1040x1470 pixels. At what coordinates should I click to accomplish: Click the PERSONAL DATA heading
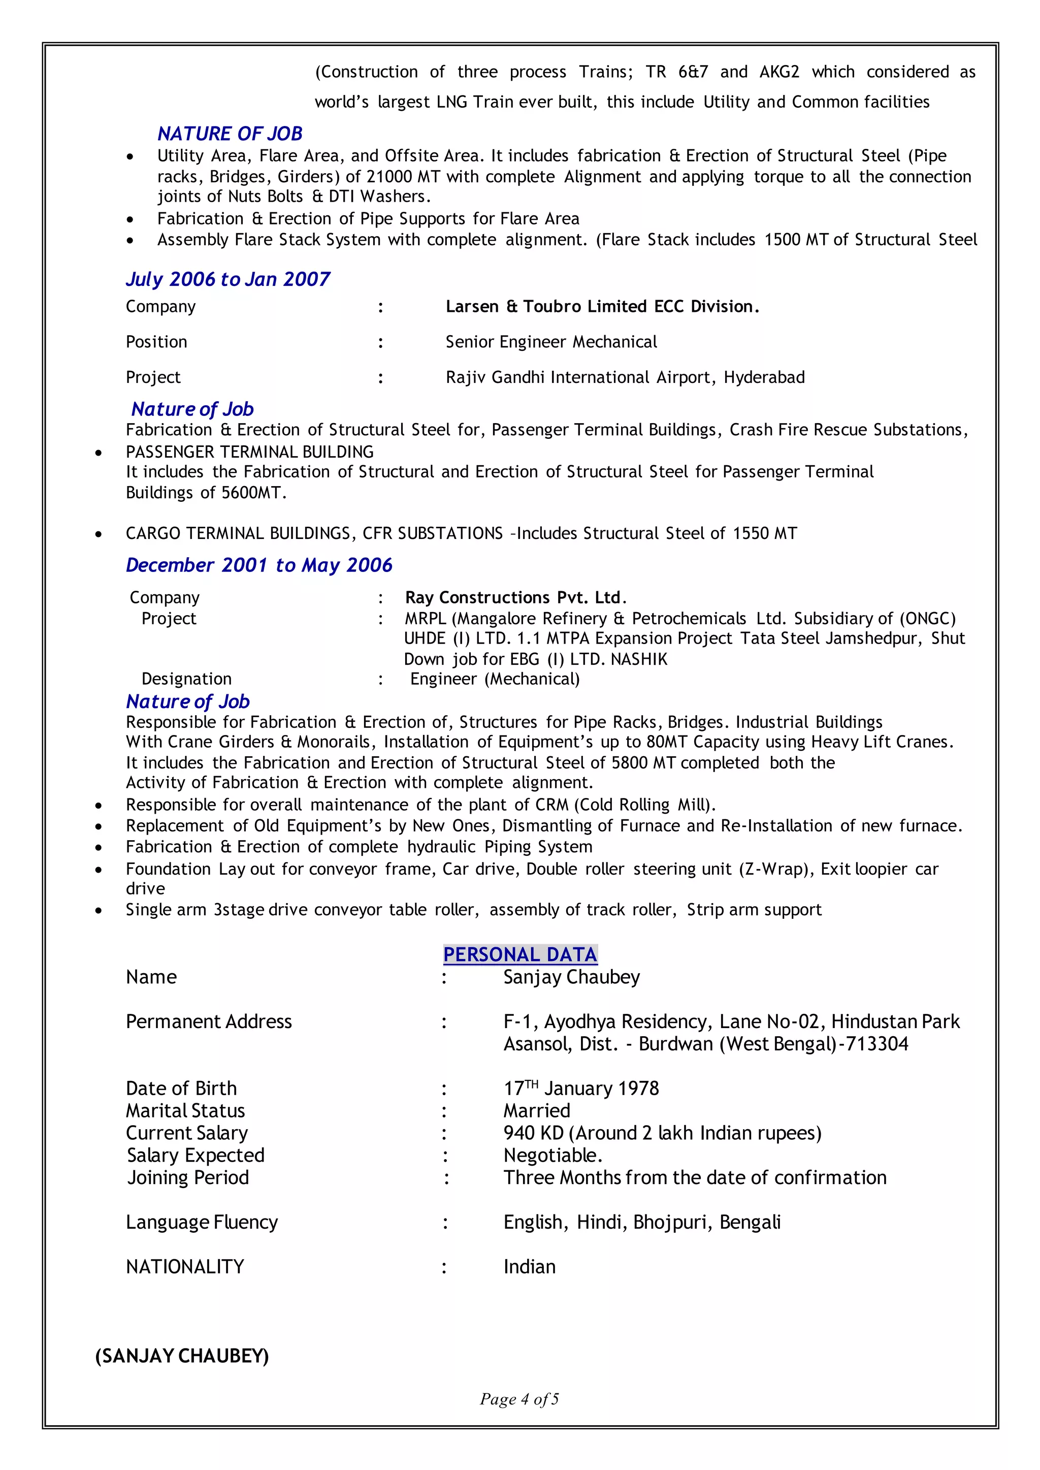(x=520, y=954)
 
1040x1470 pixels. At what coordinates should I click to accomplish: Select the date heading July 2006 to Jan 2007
(x=228, y=279)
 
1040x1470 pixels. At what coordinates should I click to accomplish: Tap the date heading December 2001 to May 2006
(x=258, y=565)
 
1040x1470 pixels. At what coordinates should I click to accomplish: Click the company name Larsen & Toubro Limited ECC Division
(x=602, y=307)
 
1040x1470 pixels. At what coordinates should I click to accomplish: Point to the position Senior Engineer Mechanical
(x=551, y=342)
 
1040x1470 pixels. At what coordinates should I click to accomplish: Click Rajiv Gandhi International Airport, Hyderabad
(x=625, y=377)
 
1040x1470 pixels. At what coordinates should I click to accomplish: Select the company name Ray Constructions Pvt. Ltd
(x=515, y=598)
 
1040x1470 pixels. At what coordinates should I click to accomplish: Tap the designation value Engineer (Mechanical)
(x=495, y=679)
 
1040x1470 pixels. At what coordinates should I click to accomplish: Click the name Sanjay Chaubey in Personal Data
(x=571, y=977)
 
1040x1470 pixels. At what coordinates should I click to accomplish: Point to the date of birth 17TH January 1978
(x=581, y=1088)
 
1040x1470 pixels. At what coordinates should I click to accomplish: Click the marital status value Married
(x=537, y=1111)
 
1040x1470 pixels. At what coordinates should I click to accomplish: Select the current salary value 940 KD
(x=533, y=1133)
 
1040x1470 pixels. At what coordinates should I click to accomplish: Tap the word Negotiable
(x=552, y=1156)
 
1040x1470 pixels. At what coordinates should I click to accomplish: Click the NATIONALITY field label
(x=185, y=1267)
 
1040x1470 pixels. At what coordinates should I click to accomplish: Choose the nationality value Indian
(x=529, y=1267)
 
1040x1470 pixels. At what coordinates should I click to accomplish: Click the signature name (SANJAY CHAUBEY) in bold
(x=182, y=1356)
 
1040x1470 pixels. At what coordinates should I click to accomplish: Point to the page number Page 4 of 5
(x=519, y=1399)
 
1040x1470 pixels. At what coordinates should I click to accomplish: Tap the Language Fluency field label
(x=202, y=1222)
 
